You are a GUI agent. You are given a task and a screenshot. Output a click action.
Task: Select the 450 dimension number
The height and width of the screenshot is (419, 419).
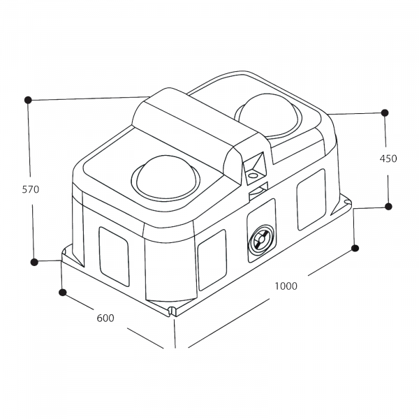pos(388,159)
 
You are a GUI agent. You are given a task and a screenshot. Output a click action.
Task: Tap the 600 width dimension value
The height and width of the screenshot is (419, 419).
pos(105,318)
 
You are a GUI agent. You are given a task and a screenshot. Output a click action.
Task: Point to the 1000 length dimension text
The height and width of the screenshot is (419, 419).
pos(286,286)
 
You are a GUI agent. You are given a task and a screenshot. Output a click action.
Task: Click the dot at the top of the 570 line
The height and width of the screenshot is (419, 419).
pos(27,100)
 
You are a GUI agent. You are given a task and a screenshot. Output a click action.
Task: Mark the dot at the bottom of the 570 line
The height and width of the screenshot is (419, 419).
pos(34,262)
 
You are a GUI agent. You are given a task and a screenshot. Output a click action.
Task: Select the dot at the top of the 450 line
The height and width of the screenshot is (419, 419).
pos(384,112)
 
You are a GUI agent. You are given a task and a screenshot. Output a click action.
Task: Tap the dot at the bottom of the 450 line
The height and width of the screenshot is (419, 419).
pos(389,206)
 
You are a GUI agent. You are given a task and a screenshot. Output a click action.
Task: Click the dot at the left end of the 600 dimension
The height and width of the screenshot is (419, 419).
pos(62,292)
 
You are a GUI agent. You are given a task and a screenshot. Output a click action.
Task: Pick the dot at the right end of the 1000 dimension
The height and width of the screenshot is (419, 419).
pos(355,248)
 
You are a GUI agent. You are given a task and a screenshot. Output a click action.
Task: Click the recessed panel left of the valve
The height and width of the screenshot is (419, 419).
pos(212,259)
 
